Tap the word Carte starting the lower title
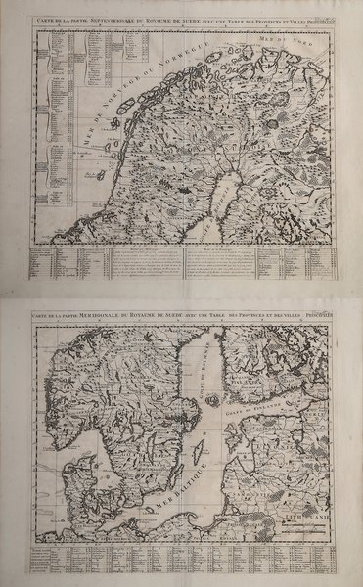point(41,314)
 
